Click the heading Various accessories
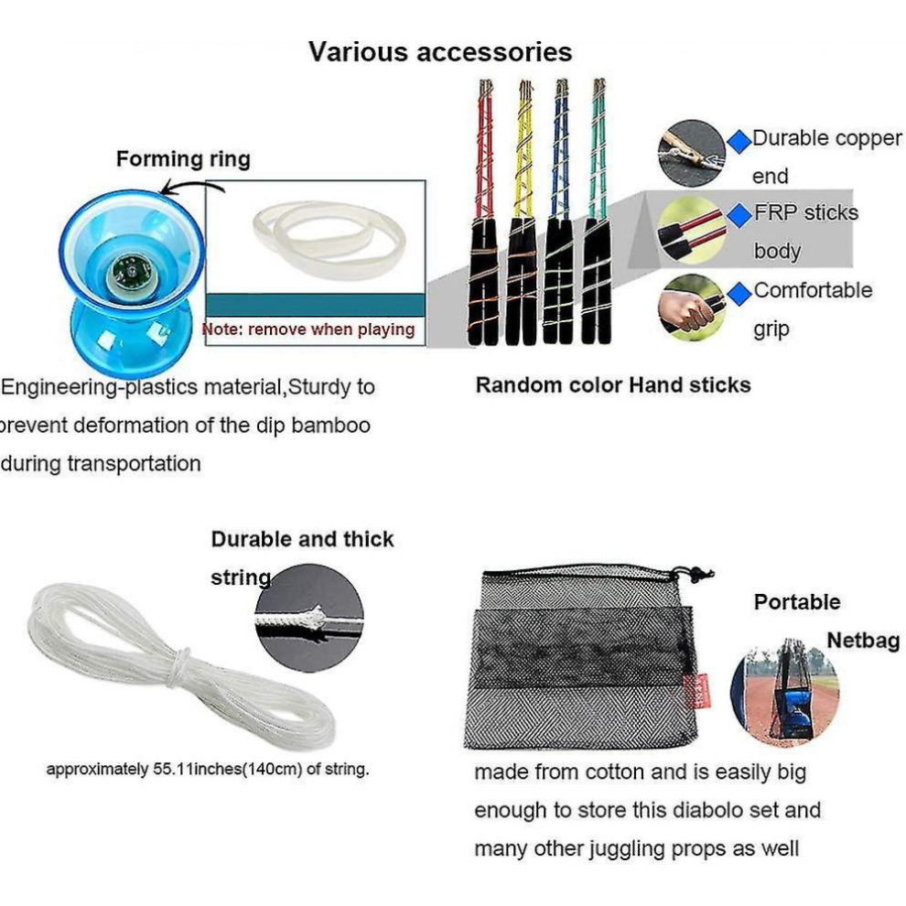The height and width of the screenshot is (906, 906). click(x=440, y=52)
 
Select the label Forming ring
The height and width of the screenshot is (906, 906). click(x=183, y=159)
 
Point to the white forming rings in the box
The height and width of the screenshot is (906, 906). click(x=329, y=238)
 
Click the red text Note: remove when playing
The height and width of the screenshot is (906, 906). click(x=308, y=329)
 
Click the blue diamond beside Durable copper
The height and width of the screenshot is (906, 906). click(x=739, y=140)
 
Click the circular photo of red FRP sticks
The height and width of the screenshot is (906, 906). click(x=692, y=230)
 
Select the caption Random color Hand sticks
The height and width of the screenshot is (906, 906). click(x=613, y=384)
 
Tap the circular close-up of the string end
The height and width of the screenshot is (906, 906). click(x=309, y=619)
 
